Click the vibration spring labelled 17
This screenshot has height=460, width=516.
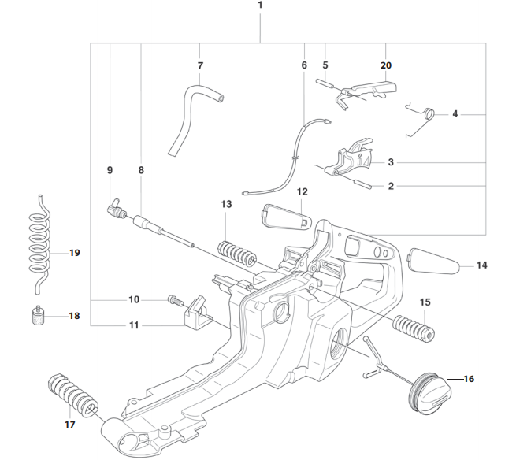(73, 395)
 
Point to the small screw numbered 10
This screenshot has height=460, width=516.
(174, 299)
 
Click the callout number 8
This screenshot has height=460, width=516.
(141, 169)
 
